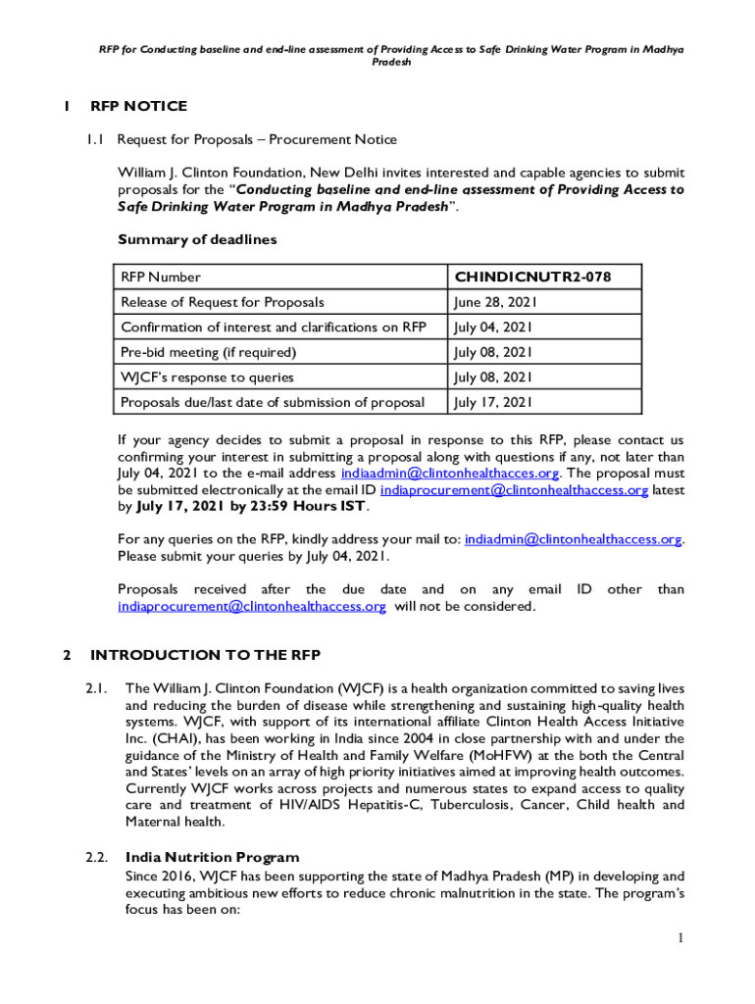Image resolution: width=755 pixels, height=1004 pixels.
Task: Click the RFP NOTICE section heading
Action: [x=138, y=106]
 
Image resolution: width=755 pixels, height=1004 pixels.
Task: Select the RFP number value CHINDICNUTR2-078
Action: [x=532, y=277]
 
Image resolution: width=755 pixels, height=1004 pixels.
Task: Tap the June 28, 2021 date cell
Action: [x=494, y=302]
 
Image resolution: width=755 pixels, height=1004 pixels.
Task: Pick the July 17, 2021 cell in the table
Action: [x=493, y=402]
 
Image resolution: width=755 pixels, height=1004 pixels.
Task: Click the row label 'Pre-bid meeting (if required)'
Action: [x=208, y=352]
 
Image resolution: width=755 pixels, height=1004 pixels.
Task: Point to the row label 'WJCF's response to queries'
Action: [x=207, y=376]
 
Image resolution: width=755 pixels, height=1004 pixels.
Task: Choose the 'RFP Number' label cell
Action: [x=160, y=277]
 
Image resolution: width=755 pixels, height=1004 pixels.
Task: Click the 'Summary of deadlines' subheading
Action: [x=197, y=239]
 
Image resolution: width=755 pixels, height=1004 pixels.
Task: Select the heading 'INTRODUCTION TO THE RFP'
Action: [x=205, y=655]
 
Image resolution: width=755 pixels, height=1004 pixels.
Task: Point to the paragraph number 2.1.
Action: [x=95, y=689]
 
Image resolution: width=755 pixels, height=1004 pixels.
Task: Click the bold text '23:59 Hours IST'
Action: [x=312, y=507]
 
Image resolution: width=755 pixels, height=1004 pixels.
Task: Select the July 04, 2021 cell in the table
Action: [x=493, y=327]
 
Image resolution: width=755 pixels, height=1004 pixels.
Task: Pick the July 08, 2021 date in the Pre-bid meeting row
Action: [x=493, y=352]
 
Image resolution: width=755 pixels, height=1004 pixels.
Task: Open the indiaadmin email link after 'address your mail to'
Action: [x=573, y=539]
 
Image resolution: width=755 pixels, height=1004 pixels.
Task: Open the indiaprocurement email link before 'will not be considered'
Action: [x=252, y=607]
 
